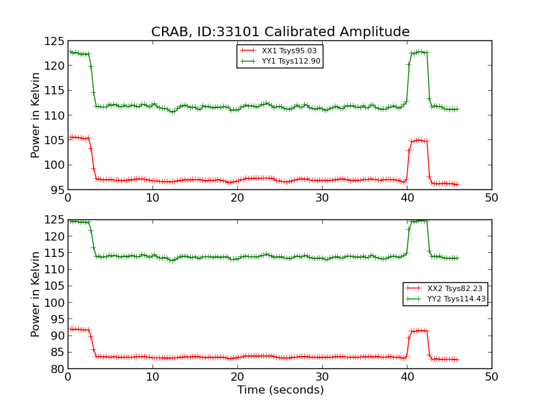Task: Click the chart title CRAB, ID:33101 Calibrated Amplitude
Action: pos(280,32)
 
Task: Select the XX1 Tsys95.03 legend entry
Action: pos(289,51)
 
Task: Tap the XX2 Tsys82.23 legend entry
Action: pos(455,288)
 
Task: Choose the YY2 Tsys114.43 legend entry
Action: pos(455,299)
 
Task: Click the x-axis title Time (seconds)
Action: pos(280,390)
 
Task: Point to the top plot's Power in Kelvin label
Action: pos(36,115)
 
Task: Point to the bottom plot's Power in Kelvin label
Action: pos(36,294)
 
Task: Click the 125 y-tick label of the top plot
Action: pos(53,41)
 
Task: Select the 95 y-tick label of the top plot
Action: pos(56,189)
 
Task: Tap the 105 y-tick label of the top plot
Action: pos(53,140)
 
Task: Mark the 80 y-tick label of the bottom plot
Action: pos(56,369)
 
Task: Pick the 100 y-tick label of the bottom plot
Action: pos(53,303)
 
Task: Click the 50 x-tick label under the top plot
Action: pos(491,198)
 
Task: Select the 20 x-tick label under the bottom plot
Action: pos(237,377)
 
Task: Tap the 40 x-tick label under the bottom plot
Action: pos(407,377)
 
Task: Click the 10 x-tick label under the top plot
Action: pos(152,198)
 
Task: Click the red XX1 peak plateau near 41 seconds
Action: pos(418,140)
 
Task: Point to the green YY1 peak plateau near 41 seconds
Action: pos(418,52)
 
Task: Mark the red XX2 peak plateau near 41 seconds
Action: pos(418,330)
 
